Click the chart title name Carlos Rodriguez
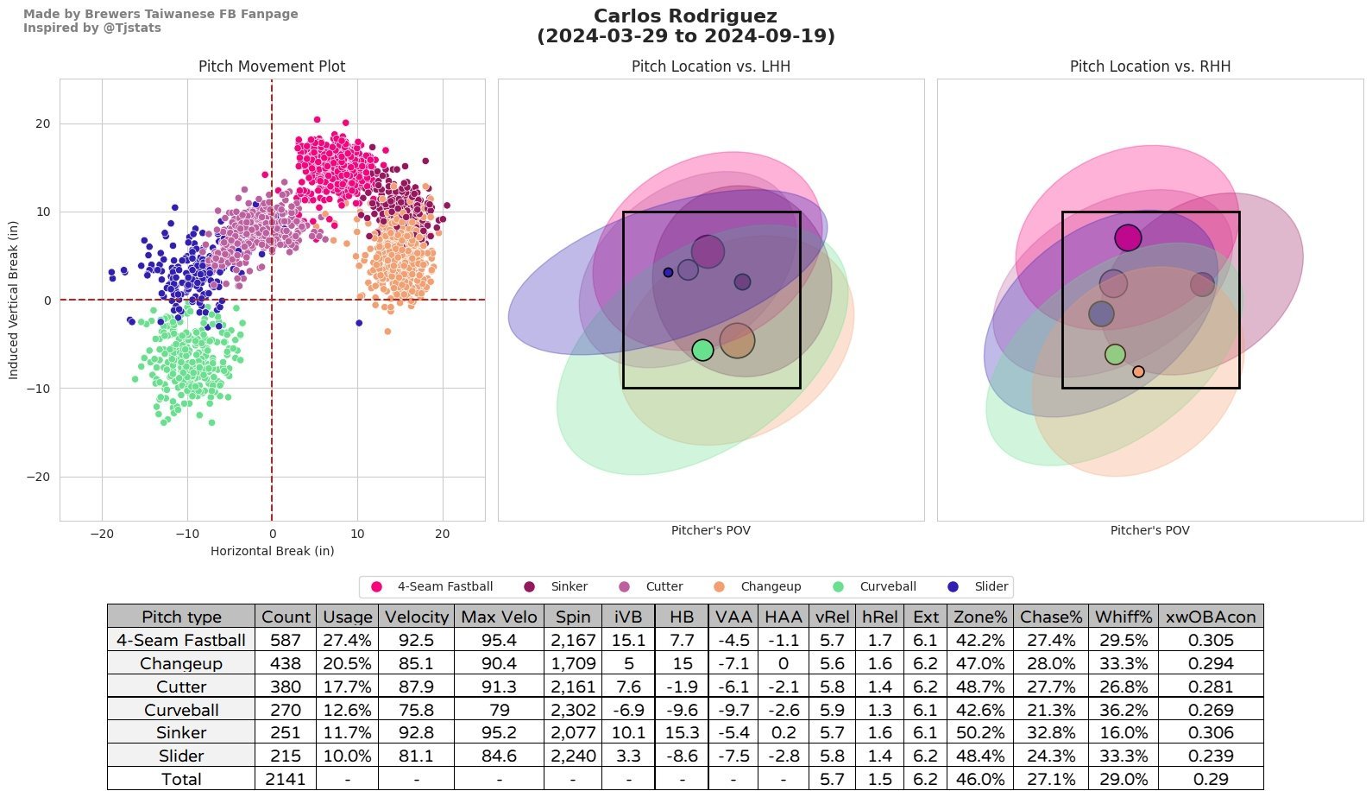tap(685, 16)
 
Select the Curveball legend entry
tap(887, 587)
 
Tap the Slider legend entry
tap(991, 587)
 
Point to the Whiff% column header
tap(1123, 617)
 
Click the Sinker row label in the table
tap(181, 732)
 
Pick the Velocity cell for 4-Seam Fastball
tap(416, 640)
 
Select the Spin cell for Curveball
tap(573, 710)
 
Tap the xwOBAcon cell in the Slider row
tap(1210, 756)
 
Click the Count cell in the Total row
tap(285, 779)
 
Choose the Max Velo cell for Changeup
tap(499, 663)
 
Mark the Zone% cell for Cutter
tap(979, 687)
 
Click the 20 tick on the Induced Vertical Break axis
tap(42, 124)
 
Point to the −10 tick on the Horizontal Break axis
tap(187, 534)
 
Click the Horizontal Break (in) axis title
tap(272, 551)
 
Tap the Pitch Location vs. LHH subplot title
tap(710, 66)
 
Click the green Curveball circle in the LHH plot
tap(702, 350)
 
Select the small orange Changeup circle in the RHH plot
tap(1138, 372)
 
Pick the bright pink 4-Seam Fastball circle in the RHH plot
tap(1128, 237)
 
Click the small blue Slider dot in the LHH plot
tap(668, 273)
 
